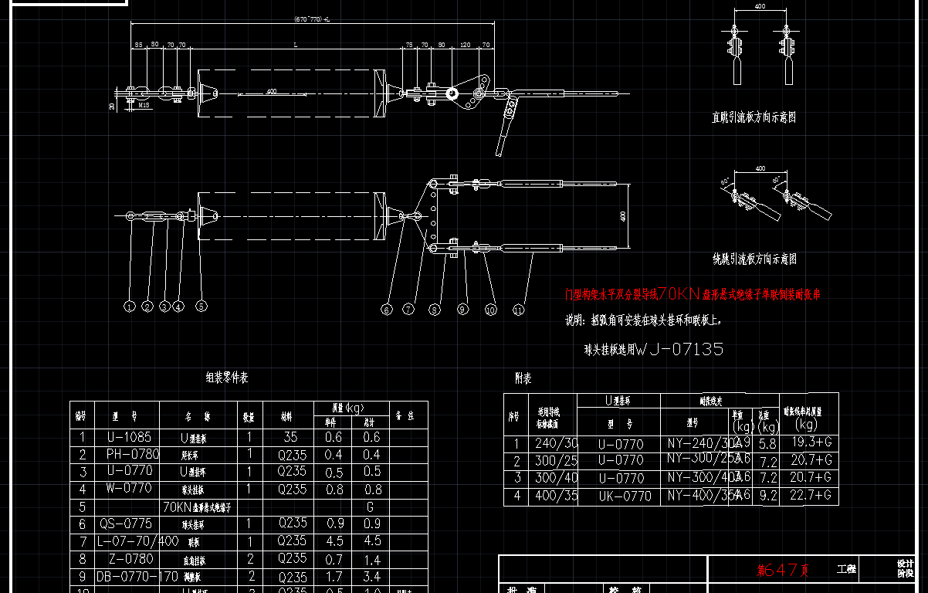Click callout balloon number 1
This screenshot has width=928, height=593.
(x=130, y=307)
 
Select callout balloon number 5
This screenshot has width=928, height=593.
(x=202, y=307)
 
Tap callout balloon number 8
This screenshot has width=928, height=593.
(x=435, y=310)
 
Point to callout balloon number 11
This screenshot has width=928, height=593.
(x=519, y=310)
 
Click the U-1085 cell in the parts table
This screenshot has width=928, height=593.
(x=126, y=437)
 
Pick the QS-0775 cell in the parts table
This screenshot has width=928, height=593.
(x=126, y=524)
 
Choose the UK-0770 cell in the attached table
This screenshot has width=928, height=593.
(x=625, y=496)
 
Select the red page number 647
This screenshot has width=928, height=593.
(x=784, y=571)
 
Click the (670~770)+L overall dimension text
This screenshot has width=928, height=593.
(x=313, y=19)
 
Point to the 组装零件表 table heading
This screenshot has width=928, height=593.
(x=227, y=378)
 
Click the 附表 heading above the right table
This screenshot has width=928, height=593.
(x=523, y=379)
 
